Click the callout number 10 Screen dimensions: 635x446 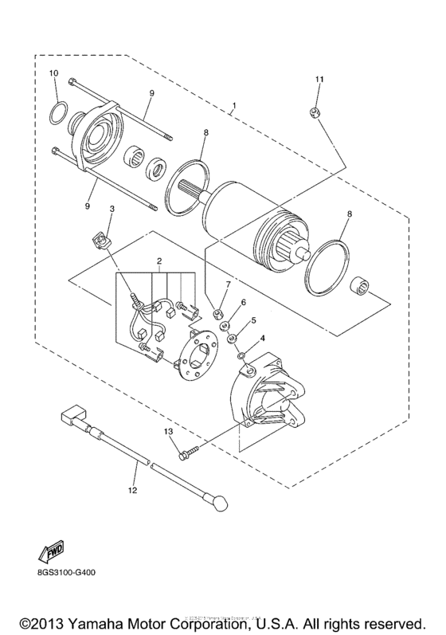pyautogui.click(x=54, y=73)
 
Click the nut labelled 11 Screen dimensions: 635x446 pyautogui.click(x=315, y=113)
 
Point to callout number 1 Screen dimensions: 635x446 pyautogui.click(x=234, y=106)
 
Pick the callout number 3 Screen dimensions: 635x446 pyautogui.click(x=112, y=210)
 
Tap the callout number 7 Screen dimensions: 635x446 pyautogui.click(x=227, y=284)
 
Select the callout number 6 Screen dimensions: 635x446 pyautogui.click(x=244, y=303)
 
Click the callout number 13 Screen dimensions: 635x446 pyautogui.click(x=168, y=432)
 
